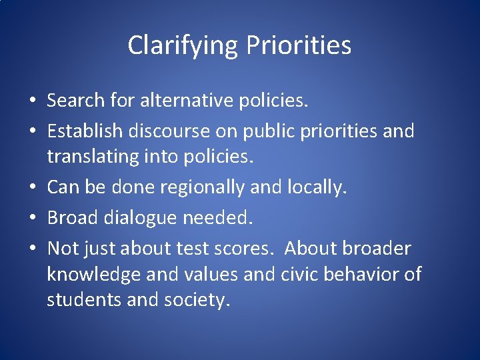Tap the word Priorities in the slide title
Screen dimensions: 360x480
pos(299,46)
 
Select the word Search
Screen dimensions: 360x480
pos(76,101)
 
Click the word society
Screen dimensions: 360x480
pos(197,300)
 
